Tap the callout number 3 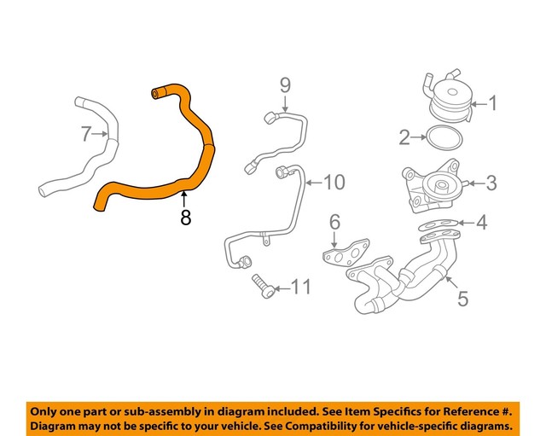click(x=491, y=181)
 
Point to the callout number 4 click(x=481, y=224)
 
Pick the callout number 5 click(x=463, y=298)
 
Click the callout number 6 click(x=334, y=223)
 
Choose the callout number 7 click(x=85, y=134)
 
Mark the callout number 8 click(x=186, y=218)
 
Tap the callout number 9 click(x=285, y=84)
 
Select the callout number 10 click(x=334, y=182)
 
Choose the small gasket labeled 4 click(x=437, y=226)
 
